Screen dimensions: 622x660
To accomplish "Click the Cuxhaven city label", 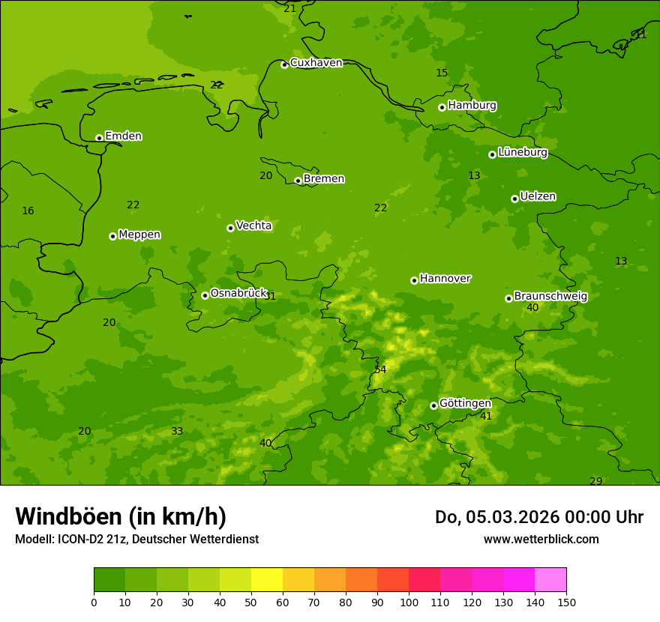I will (x=316, y=63).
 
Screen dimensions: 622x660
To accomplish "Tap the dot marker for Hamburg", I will (x=442, y=107).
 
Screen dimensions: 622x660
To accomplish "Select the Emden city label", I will (x=123, y=136).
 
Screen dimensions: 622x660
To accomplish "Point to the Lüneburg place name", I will (x=522, y=153).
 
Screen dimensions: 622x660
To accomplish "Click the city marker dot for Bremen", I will (x=298, y=181).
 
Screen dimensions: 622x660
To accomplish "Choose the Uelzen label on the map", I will (x=538, y=197).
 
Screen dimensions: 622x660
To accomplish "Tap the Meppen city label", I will (x=139, y=235).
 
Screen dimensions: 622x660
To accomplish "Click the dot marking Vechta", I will (x=230, y=228).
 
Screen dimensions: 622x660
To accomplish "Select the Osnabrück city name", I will (x=238, y=294).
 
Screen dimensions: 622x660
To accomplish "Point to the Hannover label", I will (x=445, y=279).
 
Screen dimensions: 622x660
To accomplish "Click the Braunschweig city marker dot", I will (x=508, y=298).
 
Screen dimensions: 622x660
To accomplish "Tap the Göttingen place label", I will (x=465, y=403).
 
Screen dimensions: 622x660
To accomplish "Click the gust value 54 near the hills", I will (x=380, y=369).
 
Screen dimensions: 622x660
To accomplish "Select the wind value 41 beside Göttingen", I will (x=486, y=416).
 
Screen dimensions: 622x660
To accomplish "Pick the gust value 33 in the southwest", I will (x=177, y=431).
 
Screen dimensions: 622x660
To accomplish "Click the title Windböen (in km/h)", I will (x=121, y=516).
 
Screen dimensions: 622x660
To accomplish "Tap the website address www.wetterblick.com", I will (x=541, y=539).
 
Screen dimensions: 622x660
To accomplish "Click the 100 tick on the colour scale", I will (x=409, y=602).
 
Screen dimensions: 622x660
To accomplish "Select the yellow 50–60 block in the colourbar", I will (x=267, y=579).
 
